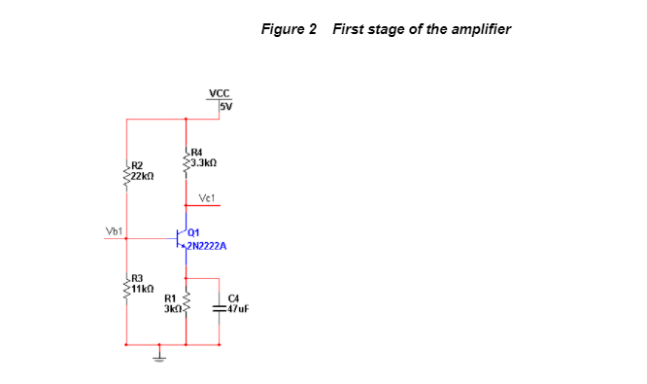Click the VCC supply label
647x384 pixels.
[219, 94]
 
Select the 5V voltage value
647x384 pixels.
[225, 106]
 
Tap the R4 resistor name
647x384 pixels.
[197, 152]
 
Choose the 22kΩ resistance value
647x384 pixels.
[143, 177]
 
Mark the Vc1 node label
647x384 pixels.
[206, 198]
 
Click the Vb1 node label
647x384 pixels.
[114, 231]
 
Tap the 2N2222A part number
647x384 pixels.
[206, 247]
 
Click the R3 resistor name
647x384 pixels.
[138, 278]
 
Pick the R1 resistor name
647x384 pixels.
[170, 298]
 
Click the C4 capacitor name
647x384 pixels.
[232, 298]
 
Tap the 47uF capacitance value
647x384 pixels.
[237, 309]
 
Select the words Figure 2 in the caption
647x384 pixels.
[289, 28]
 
